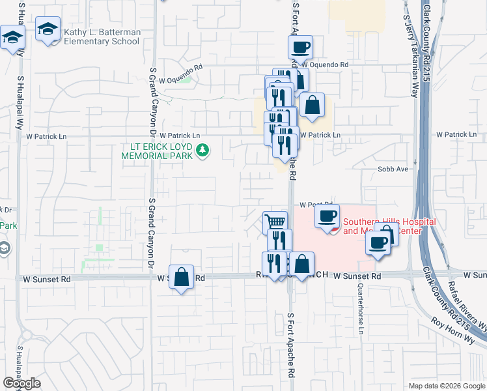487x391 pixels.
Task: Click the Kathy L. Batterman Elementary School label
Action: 102,36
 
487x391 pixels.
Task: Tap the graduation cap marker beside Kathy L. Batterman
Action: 48,29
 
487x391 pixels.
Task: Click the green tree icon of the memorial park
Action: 203,151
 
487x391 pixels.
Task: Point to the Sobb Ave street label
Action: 393,169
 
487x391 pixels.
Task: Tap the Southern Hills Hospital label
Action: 389,226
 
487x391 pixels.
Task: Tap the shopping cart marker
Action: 275,222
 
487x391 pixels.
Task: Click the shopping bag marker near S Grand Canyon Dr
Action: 182,277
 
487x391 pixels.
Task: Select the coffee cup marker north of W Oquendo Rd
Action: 300,47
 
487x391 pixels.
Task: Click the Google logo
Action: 21,383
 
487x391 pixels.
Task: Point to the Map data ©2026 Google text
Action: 446,386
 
